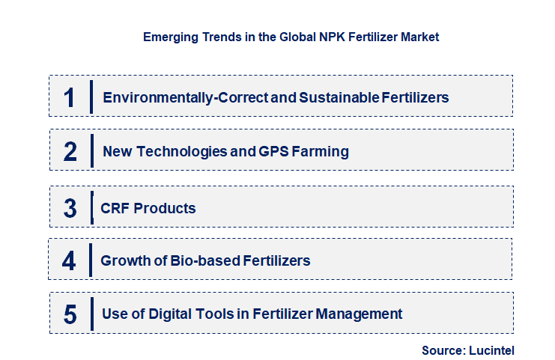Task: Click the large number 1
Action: [x=70, y=97]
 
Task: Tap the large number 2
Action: [x=70, y=151]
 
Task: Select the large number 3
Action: [x=70, y=208]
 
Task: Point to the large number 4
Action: [x=69, y=261]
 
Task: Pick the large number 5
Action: [x=70, y=314]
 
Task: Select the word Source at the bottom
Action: [x=442, y=350]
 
